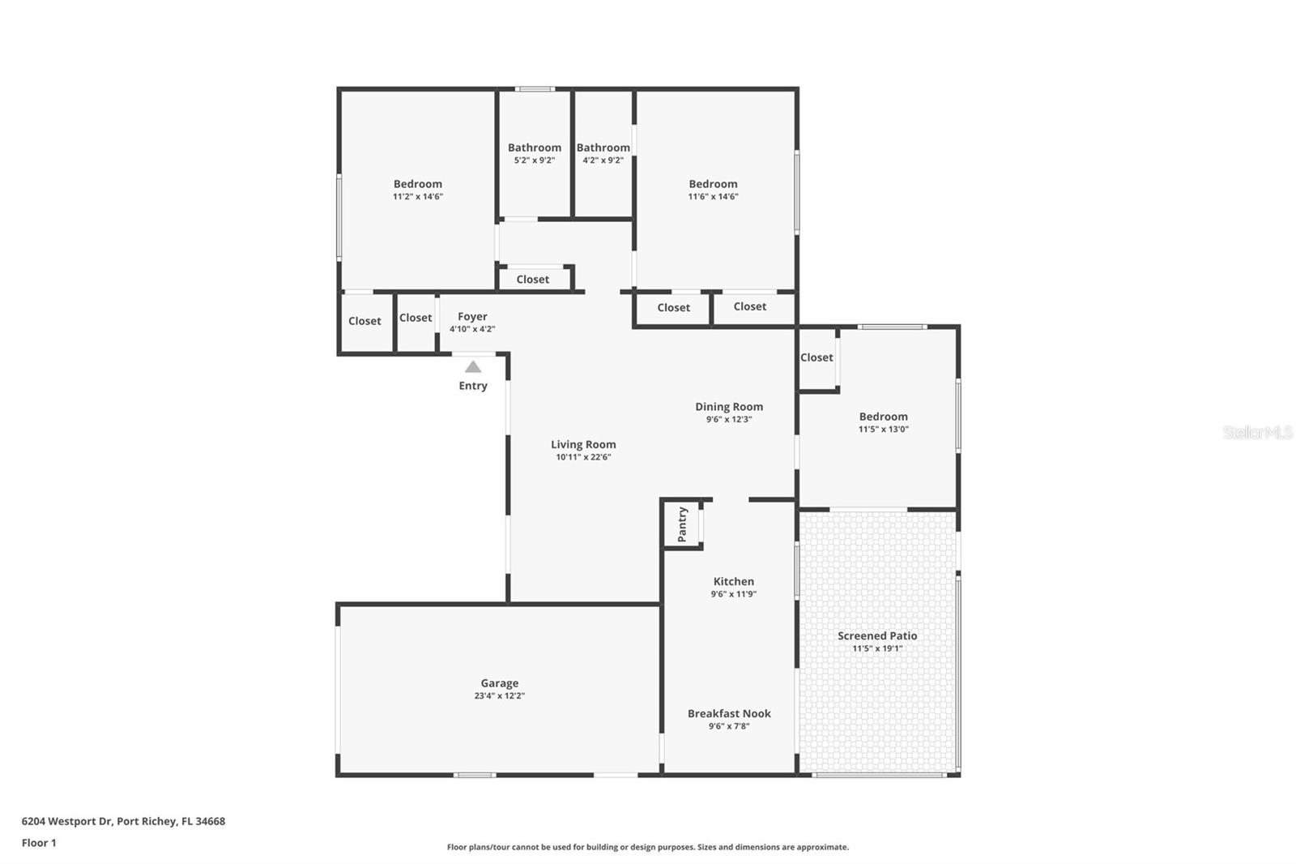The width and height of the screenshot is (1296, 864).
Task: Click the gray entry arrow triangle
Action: click(x=473, y=367)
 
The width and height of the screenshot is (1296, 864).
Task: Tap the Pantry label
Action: click(x=682, y=524)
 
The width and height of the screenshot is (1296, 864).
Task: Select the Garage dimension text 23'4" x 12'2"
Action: click(x=499, y=696)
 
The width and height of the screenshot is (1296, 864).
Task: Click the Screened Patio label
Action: click(x=877, y=635)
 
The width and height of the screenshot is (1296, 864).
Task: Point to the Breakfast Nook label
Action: click(x=729, y=713)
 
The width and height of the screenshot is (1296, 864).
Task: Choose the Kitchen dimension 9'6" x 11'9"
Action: click(x=734, y=594)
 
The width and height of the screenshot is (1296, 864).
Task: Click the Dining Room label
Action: click(x=729, y=407)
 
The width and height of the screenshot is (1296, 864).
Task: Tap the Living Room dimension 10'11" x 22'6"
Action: click(x=583, y=457)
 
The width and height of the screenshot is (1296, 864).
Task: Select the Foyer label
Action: click(x=472, y=317)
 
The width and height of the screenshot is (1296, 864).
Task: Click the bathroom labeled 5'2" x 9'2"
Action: click(x=535, y=153)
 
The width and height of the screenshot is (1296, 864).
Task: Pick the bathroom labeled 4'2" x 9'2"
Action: click(x=603, y=153)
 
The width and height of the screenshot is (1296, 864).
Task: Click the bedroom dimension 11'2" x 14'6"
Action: click(x=418, y=197)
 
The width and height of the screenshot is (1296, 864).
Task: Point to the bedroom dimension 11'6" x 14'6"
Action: click(x=713, y=197)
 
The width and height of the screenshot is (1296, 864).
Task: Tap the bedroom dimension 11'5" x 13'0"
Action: click(x=883, y=430)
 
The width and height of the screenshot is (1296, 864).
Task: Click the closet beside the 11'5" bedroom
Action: click(x=816, y=357)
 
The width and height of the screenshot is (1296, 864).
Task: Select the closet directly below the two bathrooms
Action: click(x=533, y=280)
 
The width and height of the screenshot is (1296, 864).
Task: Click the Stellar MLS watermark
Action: click(x=1257, y=433)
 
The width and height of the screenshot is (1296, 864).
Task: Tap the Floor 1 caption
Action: click(x=39, y=843)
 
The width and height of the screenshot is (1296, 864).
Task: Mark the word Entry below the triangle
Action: click(x=473, y=386)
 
